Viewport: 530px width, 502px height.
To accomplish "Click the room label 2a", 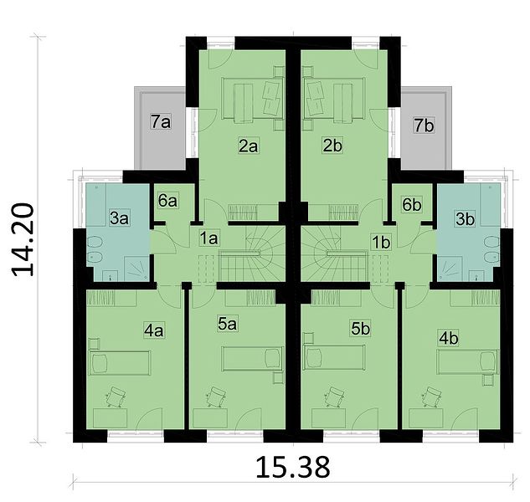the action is [249, 146].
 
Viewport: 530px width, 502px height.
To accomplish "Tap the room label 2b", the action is [332, 146].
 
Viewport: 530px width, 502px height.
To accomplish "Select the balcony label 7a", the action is [161, 121].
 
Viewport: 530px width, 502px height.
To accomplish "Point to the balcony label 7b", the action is [424, 125].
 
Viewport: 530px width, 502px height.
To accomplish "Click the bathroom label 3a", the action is [119, 218].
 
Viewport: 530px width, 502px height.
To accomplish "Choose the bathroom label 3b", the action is [465, 219].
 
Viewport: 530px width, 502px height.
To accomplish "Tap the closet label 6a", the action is [167, 201].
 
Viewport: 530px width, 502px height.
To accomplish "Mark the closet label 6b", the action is [412, 204].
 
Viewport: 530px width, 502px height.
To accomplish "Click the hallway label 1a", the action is [208, 238].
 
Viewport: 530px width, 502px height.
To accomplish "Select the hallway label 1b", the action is [381, 243].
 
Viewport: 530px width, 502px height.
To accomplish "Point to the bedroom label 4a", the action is [154, 330].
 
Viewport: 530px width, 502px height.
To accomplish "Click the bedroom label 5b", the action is [360, 329].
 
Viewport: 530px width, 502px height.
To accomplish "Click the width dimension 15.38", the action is [293, 468].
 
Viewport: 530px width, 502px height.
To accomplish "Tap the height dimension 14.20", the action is [23, 239].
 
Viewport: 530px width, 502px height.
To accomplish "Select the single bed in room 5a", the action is [253, 358].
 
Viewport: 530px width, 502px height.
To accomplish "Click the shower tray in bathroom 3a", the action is [136, 269].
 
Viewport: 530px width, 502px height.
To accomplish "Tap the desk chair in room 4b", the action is [431, 397].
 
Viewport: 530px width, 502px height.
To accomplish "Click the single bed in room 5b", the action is [334, 357].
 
